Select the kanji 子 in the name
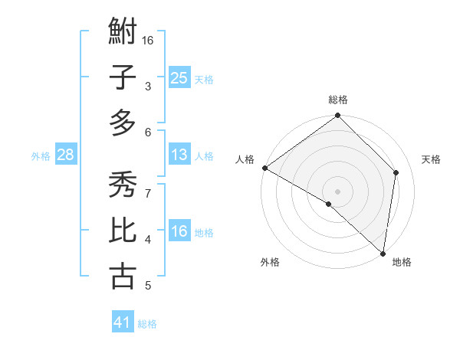coord(123,77)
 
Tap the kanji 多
coord(123,123)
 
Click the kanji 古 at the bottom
coord(123,276)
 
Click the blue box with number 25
coord(179,77)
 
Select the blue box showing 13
coord(179,155)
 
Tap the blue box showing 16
coord(179,231)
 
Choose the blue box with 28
coord(65,155)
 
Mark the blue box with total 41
coord(123,322)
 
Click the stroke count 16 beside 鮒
coord(148,40)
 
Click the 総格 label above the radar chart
coord(338,100)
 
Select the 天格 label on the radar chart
coord(432,159)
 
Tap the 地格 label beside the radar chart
coord(402,262)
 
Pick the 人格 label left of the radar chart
coord(245,159)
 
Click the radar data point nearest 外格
coord(329,204)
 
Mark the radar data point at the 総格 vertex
coord(338,116)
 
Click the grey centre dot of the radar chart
coord(338,191)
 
